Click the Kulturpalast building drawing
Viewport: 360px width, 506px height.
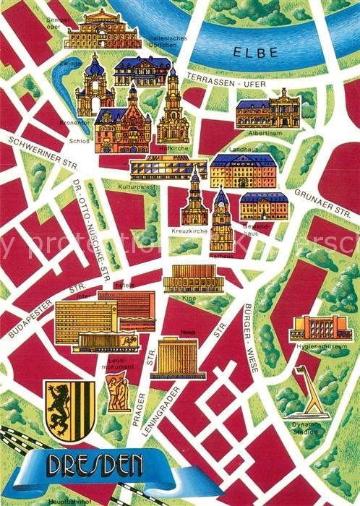click(x=168, y=168)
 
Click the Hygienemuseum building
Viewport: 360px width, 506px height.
click(x=310, y=329)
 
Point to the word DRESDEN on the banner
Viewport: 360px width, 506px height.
click(x=95, y=465)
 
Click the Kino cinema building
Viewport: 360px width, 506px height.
click(x=189, y=278)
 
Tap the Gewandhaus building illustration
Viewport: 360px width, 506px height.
click(x=264, y=206)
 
